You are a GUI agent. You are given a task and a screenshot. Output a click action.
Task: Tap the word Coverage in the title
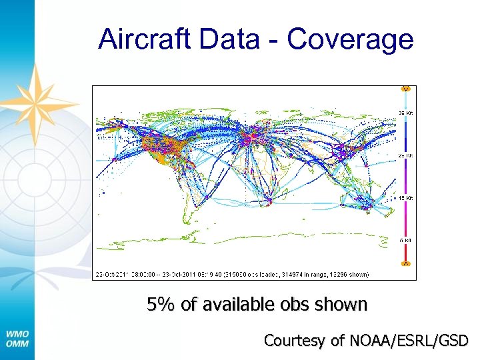point(350,40)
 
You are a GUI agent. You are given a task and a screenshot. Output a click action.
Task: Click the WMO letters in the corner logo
point(17,334)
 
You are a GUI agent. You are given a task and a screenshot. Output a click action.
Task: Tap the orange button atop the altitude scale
point(405,89)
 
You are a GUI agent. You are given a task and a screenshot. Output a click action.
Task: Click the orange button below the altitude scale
point(405,264)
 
